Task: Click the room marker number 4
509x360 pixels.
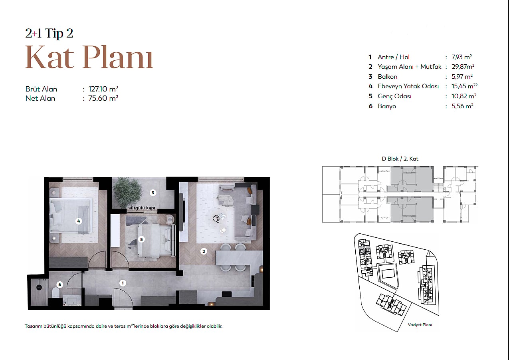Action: (79, 221)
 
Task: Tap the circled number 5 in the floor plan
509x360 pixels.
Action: (142, 239)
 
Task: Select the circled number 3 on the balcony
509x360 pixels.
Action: (153, 193)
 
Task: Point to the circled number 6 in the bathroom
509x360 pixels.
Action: (60, 284)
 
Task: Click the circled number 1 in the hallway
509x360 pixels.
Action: (123, 283)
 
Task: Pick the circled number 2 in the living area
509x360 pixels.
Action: (204, 251)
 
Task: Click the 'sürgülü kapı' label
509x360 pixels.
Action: (142, 208)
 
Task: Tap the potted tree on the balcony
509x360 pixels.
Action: (126, 192)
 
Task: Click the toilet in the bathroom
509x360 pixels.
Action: (55, 293)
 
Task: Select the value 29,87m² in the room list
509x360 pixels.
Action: (463, 67)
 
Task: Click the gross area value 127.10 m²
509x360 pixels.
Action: (103, 89)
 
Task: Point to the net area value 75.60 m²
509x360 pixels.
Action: (103, 98)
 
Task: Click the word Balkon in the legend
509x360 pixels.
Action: (387, 77)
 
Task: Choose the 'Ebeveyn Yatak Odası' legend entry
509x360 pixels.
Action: (408, 86)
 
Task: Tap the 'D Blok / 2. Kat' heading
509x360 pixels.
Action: (400, 159)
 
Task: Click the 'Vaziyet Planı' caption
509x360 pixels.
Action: (420, 325)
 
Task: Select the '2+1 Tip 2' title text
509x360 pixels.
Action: (49, 33)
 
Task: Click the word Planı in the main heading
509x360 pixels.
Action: (118, 57)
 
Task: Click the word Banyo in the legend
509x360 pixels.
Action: (387, 106)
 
